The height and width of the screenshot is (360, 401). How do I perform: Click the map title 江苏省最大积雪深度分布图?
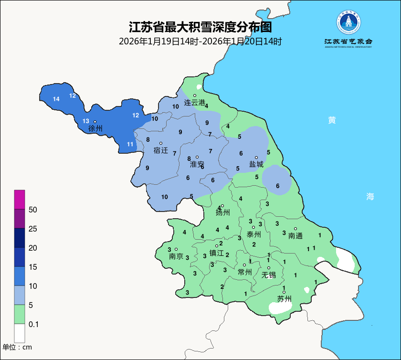click(x=200, y=27)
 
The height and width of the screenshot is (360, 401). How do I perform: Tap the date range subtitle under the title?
click(x=200, y=42)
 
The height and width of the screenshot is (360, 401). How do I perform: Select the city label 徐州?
click(x=95, y=128)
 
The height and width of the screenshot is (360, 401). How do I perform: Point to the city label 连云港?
click(x=194, y=103)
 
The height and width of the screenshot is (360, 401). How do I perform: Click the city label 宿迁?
click(x=161, y=150)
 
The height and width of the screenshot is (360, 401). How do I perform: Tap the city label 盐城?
click(x=256, y=164)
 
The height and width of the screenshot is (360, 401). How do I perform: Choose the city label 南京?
click(x=176, y=256)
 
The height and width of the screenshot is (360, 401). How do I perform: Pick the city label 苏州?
click(x=285, y=299)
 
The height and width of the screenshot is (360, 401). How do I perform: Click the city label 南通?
click(x=295, y=235)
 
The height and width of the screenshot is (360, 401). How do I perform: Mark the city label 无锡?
click(x=268, y=275)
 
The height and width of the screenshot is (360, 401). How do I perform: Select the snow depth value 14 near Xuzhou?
click(x=56, y=99)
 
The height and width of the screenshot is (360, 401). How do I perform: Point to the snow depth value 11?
click(x=130, y=144)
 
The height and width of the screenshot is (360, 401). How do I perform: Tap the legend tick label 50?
click(x=33, y=210)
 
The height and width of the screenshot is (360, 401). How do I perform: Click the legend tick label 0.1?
click(x=33, y=324)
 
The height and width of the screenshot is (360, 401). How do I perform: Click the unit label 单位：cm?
click(x=17, y=347)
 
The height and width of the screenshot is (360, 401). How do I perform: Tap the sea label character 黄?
click(x=332, y=120)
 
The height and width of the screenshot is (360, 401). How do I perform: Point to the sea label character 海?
click(x=370, y=196)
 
